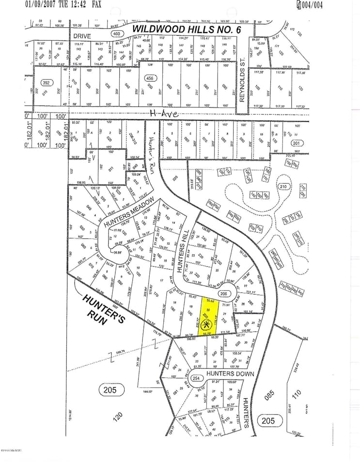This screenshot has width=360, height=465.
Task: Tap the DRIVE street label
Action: point(82,36)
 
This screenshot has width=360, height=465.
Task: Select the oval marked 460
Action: point(116,34)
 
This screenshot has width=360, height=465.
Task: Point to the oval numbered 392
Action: point(46,82)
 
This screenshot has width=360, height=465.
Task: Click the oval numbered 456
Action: point(150,79)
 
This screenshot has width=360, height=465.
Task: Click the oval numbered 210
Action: point(283,186)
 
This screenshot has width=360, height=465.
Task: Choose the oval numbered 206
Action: point(223,293)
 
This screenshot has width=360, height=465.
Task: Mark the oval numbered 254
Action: point(196,378)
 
